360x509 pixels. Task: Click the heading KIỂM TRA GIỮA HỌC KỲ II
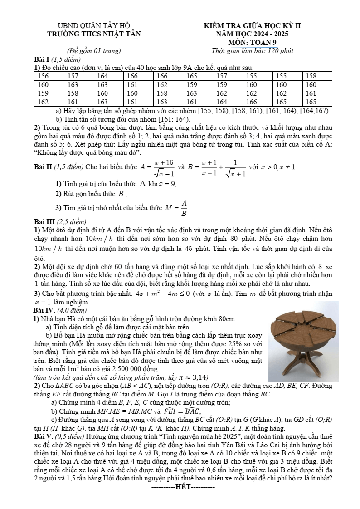pos(252,25)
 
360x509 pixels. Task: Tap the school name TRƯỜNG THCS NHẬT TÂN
pos(94,34)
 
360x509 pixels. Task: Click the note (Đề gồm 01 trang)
pos(93,51)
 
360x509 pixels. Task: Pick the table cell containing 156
pos(43,76)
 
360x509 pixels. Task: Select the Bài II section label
pos(43,167)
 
